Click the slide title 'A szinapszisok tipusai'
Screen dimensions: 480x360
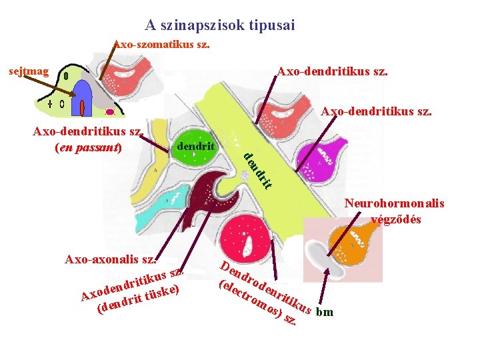[x=220, y=25]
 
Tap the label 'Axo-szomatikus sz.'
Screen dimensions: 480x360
[x=161, y=45]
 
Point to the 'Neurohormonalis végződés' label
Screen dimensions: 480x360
[x=395, y=211]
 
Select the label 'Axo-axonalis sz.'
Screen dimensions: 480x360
[x=111, y=259]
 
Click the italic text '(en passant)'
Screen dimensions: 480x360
[x=88, y=146]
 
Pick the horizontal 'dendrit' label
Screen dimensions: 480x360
[x=193, y=145]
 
